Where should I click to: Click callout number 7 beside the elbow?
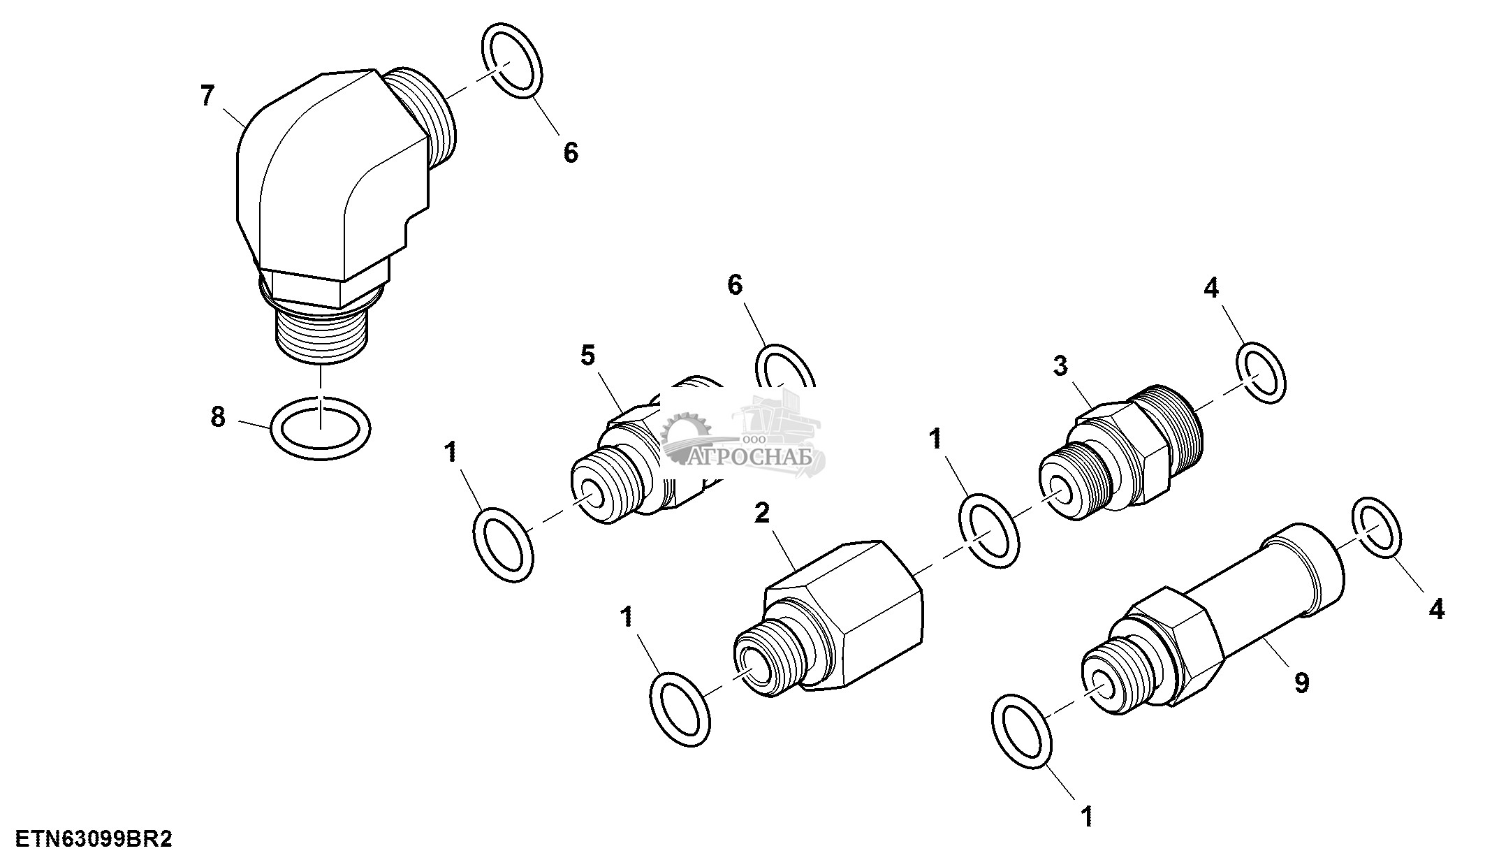(x=207, y=96)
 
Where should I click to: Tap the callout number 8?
(x=218, y=417)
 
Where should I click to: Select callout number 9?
(x=1301, y=683)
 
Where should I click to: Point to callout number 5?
(x=588, y=356)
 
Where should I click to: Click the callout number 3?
(x=1060, y=365)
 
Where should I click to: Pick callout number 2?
(x=762, y=513)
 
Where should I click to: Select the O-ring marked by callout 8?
(x=321, y=428)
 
